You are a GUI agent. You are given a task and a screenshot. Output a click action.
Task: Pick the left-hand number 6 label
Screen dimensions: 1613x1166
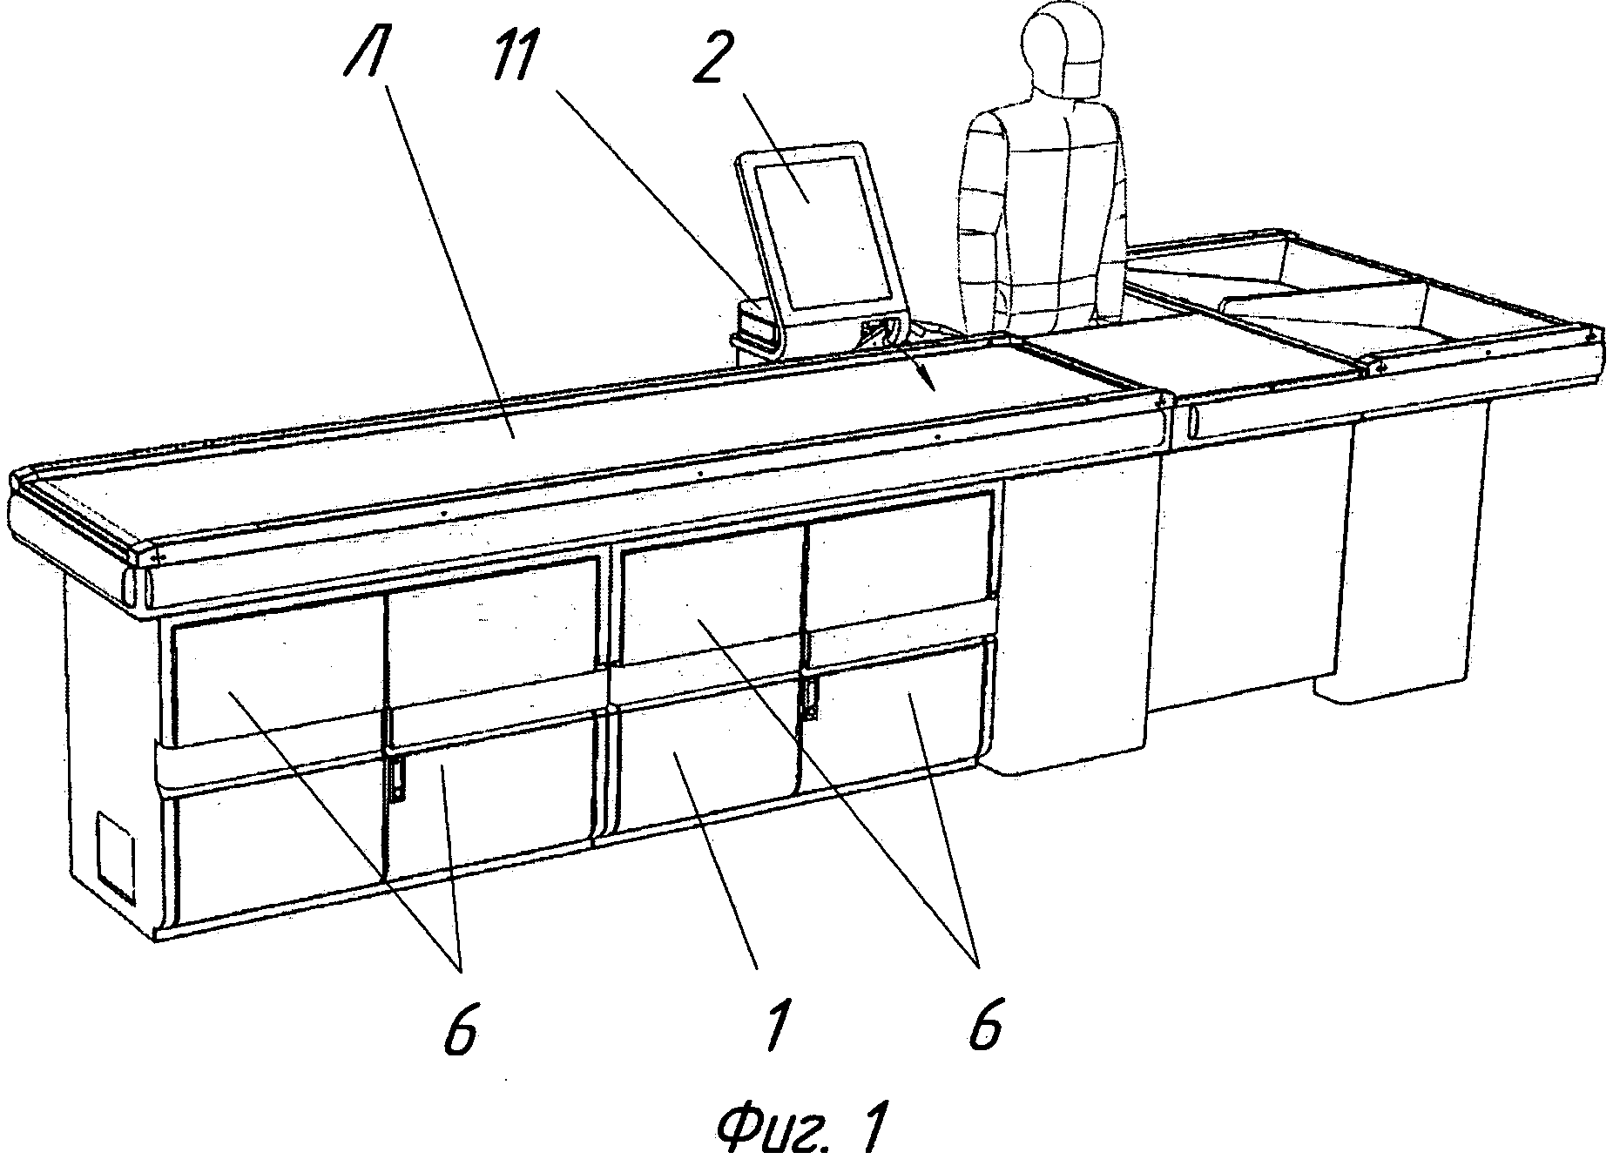point(462,1030)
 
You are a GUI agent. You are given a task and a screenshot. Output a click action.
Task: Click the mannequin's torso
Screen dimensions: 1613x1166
point(1041,218)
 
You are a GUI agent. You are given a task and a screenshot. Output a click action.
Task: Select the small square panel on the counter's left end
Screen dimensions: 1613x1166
point(116,858)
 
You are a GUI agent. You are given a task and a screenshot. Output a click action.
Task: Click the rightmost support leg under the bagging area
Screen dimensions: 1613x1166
point(1402,557)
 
